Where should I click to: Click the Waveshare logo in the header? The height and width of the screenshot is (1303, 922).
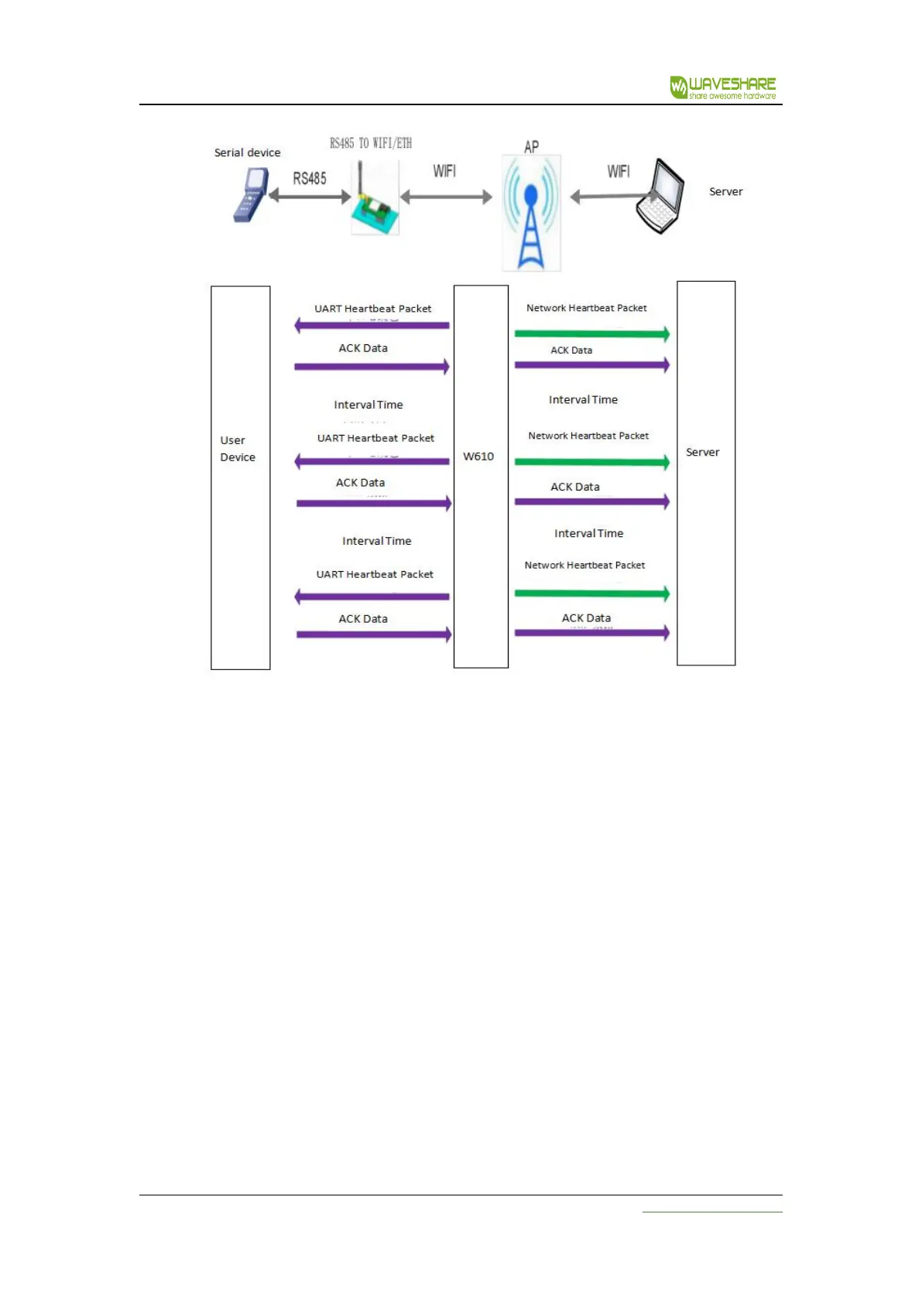[x=722, y=87]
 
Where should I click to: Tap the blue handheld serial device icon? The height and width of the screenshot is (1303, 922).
[x=251, y=197]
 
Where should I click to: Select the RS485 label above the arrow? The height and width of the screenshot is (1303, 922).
[x=309, y=179]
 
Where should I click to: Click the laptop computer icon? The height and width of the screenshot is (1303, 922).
[x=661, y=197]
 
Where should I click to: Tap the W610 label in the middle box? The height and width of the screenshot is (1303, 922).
[x=478, y=457]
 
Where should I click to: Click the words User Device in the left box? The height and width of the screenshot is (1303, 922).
[x=237, y=449]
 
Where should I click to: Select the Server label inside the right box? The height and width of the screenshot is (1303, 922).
[x=702, y=453]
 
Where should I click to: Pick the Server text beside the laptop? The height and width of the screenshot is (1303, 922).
[x=725, y=192]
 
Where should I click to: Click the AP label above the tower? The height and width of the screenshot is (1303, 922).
[x=531, y=147]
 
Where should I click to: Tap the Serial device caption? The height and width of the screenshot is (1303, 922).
[x=247, y=153]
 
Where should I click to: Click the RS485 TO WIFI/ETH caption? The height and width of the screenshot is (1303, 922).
[x=371, y=143]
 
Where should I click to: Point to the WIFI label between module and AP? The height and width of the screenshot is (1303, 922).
[x=444, y=171]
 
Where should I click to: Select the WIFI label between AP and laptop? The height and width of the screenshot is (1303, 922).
[x=618, y=171]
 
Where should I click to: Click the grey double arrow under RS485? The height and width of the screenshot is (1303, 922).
[x=310, y=197]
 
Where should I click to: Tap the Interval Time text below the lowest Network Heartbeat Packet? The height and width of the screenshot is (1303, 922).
[x=588, y=534]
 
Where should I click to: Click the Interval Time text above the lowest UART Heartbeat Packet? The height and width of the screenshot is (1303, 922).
[x=376, y=542]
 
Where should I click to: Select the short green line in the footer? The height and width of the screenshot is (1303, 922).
[x=711, y=1212]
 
